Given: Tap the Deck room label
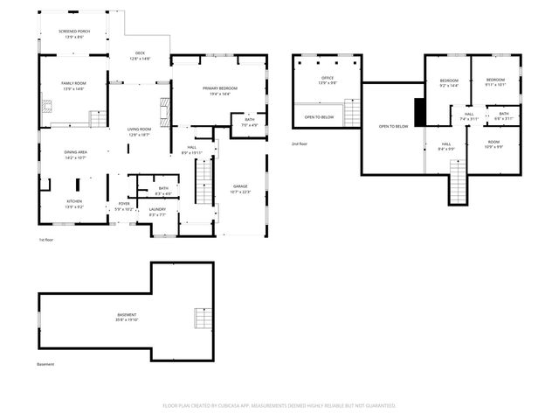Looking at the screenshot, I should [x=140, y=53].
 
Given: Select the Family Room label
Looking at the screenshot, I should [x=72, y=82].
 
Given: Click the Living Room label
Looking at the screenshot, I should [x=140, y=129].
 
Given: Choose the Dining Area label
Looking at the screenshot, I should [x=75, y=152].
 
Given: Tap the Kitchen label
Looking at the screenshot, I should [x=75, y=201].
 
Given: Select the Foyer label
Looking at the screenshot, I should [x=123, y=204].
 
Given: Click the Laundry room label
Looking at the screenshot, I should [x=157, y=209].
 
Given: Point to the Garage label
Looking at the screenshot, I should [x=240, y=186].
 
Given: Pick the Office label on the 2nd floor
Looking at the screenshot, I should [x=328, y=78].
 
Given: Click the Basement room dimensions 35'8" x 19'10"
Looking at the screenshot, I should [x=128, y=320].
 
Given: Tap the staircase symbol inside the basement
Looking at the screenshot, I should [x=203, y=318].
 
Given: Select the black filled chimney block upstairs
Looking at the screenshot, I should [x=419, y=112].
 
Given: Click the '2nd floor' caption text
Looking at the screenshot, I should [x=300, y=143].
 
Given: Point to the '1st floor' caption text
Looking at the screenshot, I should [x=47, y=239].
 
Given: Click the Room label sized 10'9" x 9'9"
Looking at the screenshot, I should [x=493, y=142].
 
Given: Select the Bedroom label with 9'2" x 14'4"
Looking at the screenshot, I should [x=448, y=80].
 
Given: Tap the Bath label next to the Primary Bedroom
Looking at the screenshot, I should [x=250, y=120].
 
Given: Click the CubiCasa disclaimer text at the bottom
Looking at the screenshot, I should [x=279, y=405].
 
